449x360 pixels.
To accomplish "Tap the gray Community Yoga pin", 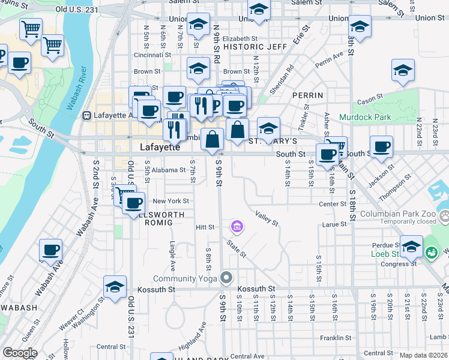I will (x=226, y=278).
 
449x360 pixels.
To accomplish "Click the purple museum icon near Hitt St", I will (x=237, y=227).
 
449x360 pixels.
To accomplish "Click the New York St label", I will (x=170, y=201).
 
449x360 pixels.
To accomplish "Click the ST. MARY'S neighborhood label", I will (x=273, y=142).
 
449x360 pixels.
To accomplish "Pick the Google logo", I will (x=20, y=352).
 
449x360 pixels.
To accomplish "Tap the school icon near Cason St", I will (x=403, y=71).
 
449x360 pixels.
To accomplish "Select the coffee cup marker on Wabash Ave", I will (x=51, y=251).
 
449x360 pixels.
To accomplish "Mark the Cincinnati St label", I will (x=156, y=55).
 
